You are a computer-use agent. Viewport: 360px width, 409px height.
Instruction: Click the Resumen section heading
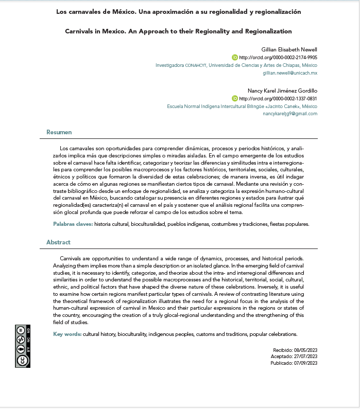tap(59, 132)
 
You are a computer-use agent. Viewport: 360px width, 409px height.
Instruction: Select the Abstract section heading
tap(58, 242)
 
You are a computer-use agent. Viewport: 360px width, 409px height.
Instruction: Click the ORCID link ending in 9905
tap(278, 58)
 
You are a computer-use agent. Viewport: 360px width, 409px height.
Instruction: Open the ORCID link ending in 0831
tap(278, 98)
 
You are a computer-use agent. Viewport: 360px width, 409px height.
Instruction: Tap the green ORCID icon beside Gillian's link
tap(235, 58)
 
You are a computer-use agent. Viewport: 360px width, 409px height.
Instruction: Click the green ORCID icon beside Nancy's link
tap(235, 98)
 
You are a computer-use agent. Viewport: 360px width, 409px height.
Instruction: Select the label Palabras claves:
tap(73, 224)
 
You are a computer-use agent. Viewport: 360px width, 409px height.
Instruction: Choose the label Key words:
tap(67, 334)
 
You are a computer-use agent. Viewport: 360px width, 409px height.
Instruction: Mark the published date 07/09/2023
tap(305, 363)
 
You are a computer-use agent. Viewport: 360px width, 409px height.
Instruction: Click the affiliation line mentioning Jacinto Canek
tap(242, 106)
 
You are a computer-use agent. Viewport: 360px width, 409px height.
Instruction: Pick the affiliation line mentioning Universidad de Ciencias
tap(236, 65)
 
